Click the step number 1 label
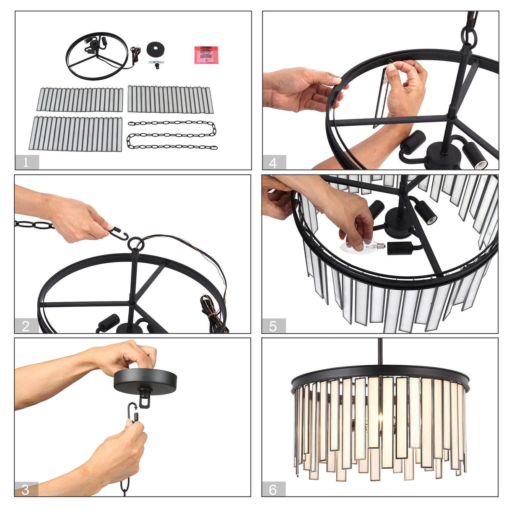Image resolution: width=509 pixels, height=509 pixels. pyautogui.click(x=26, y=162)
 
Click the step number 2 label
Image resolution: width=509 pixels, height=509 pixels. pyautogui.click(x=26, y=326)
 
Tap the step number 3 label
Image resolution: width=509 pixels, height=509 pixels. pyautogui.click(x=26, y=489)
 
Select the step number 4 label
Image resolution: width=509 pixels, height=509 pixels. pyautogui.click(x=273, y=162)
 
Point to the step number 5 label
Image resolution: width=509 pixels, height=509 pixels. pyautogui.click(x=273, y=326)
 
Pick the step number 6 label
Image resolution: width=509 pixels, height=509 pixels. pyautogui.click(x=273, y=489)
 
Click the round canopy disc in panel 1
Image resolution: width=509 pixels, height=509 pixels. pyautogui.click(x=156, y=49)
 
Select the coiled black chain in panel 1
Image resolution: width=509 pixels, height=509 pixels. pyautogui.click(x=172, y=135)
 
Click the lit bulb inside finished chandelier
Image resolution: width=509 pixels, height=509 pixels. pyautogui.click(x=381, y=419)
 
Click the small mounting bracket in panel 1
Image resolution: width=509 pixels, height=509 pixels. pyautogui.click(x=156, y=64)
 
